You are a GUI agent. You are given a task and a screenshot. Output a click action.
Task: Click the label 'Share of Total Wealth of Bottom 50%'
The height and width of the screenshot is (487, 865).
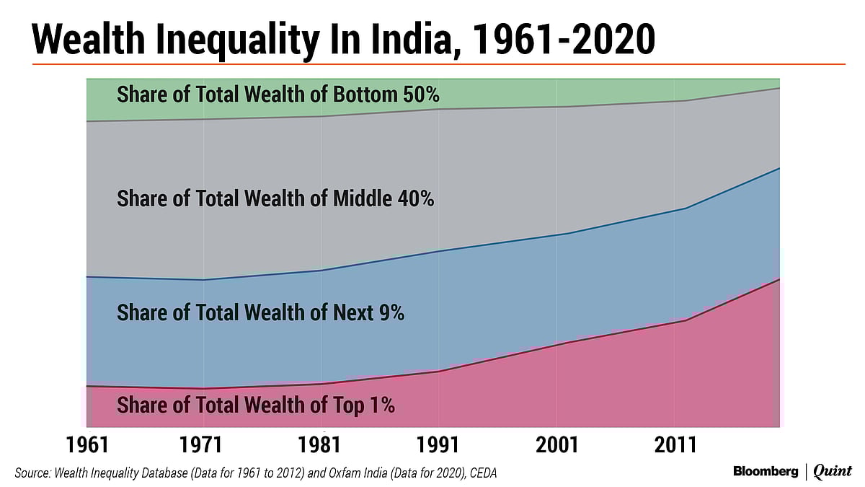click(x=278, y=95)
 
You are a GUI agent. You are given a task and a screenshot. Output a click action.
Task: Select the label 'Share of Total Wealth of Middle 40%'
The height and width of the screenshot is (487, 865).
click(x=275, y=198)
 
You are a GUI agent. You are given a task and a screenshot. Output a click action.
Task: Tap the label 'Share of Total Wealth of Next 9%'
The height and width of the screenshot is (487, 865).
click(x=260, y=313)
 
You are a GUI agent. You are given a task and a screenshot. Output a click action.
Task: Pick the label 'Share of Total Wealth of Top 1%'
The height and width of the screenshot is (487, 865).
click(x=255, y=405)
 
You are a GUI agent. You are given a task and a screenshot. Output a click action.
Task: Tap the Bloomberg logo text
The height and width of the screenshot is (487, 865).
click(x=766, y=471)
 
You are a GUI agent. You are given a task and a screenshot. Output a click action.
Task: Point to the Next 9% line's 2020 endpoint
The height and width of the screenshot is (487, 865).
click(x=779, y=168)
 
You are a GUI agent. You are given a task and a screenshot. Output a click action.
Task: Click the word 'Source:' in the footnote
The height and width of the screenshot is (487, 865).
click(x=33, y=473)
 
